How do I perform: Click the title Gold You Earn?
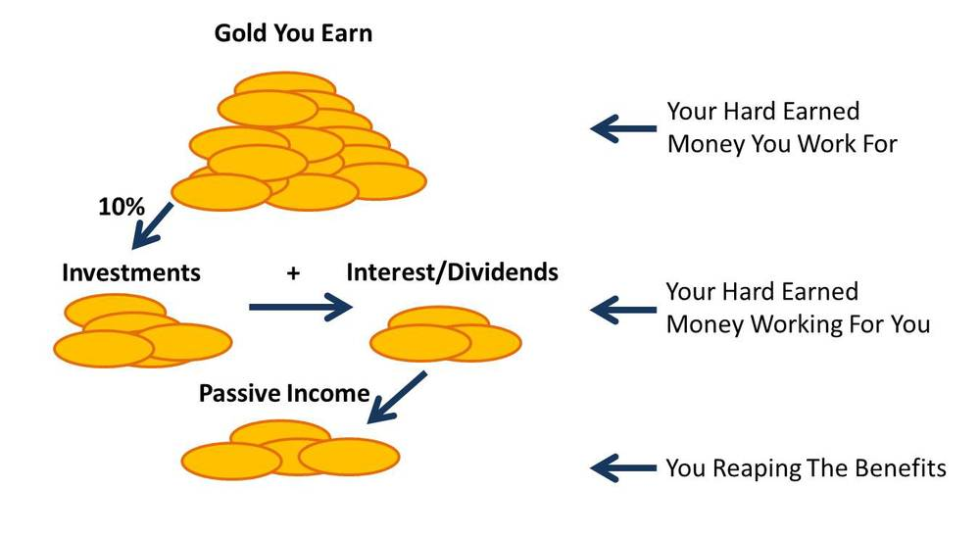coord(293,33)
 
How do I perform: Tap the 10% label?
coord(122,207)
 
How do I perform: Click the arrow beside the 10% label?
coord(153,225)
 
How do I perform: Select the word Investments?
coord(131,273)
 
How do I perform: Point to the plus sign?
coord(293,273)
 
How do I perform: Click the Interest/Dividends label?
coord(453,272)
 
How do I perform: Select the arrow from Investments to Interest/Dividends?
coord(301,307)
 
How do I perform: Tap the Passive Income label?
coord(284,394)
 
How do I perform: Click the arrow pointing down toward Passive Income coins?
coord(397,398)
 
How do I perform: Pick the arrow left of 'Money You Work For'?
coord(623,128)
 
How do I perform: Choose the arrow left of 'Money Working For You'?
coord(623,310)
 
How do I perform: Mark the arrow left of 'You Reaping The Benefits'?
coord(623,468)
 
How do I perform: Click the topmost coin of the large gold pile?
coord(285,84)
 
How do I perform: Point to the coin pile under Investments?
coord(143,331)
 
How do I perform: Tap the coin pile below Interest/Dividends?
coord(446,334)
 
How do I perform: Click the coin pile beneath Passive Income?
coord(291,450)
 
